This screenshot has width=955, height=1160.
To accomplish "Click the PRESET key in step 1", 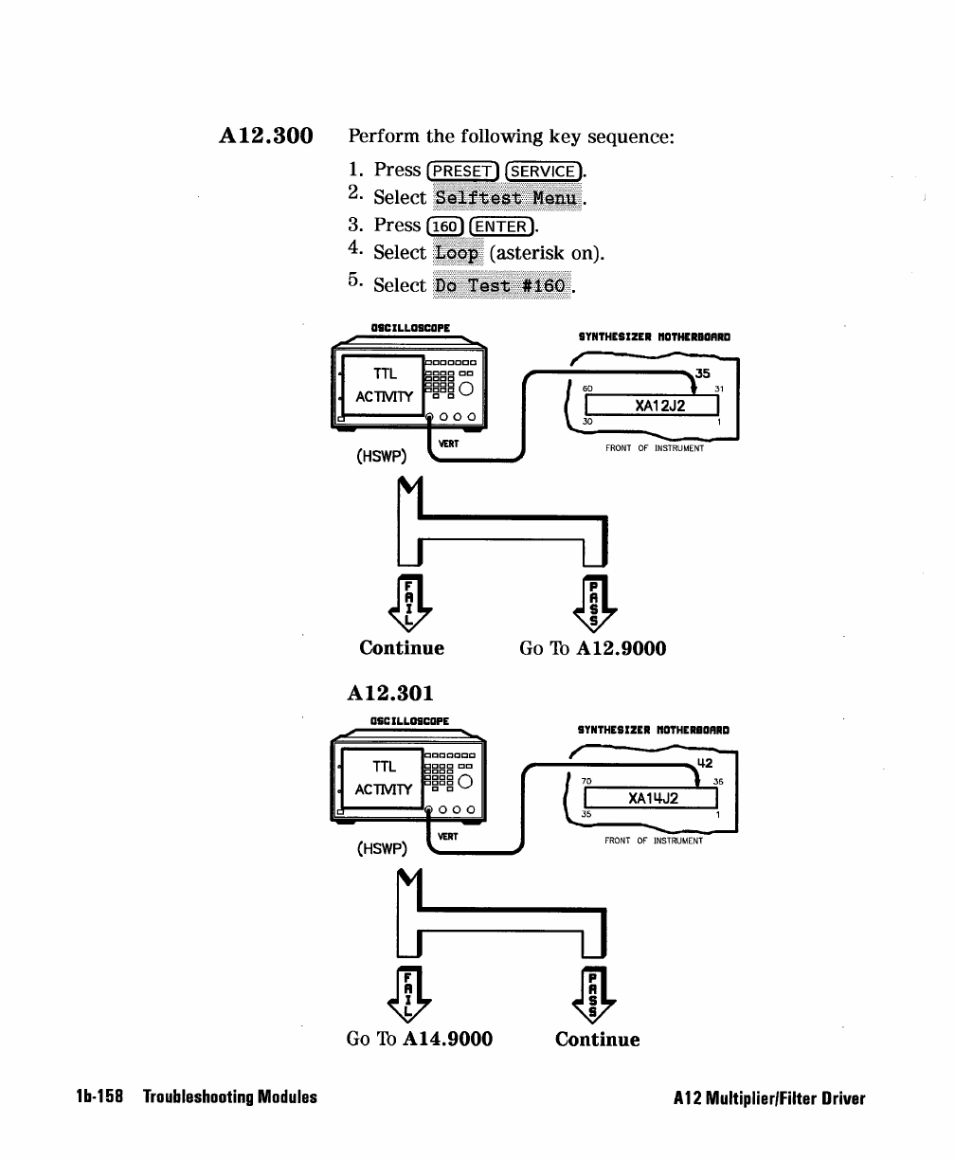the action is click(x=462, y=172).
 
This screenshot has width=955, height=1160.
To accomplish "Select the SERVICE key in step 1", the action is click(x=543, y=172).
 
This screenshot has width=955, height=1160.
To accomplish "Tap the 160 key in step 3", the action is click(x=444, y=227).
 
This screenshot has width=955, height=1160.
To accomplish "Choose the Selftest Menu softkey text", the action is click(x=507, y=198).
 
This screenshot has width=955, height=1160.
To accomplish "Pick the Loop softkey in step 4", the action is click(x=458, y=253).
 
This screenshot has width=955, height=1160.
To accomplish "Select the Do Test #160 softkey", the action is click(x=501, y=285).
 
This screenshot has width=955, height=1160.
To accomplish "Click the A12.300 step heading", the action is click(x=266, y=136).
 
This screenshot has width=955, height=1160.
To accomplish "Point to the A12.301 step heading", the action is click(x=390, y=694).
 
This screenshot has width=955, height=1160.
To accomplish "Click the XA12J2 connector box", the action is click(x=652, y=405).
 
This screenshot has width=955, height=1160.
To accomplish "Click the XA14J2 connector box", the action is click(x=651, y=798).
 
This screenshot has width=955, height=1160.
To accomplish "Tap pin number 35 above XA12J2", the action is click(x=703, y=373).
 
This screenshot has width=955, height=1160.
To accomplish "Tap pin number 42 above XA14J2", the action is click(x=705, y=763).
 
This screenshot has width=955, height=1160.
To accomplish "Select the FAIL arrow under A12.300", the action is click(x=410, y=604).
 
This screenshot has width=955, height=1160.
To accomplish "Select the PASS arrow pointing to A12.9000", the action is click(x=594, y=604).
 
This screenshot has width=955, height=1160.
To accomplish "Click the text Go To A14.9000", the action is click(x=420, y=1039).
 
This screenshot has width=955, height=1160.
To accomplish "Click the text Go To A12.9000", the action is click(x=593, y=648).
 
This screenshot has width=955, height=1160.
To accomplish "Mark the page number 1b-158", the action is click(x=99, y=1097).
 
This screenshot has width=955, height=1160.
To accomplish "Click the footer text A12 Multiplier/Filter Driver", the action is click(x=769, y=1098).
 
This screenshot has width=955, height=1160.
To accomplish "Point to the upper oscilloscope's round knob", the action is click(x=466, y=389).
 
